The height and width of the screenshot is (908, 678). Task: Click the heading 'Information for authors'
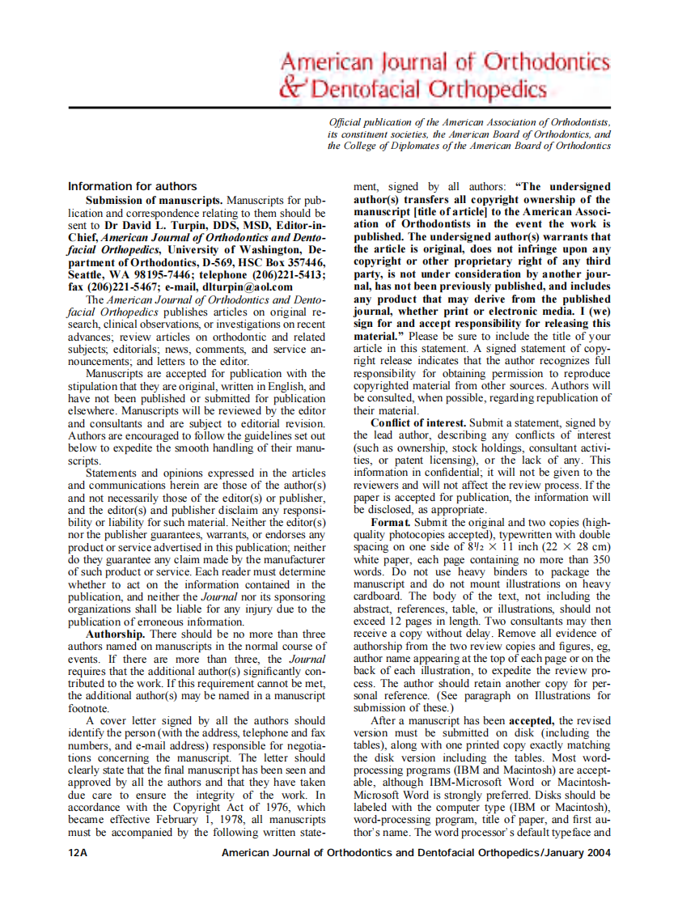click(132, 186)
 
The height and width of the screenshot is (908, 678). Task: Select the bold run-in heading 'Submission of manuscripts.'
click(155, 199)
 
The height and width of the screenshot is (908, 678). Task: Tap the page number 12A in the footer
click(78, 852)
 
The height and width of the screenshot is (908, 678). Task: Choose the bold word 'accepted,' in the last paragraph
click(531, 720)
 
